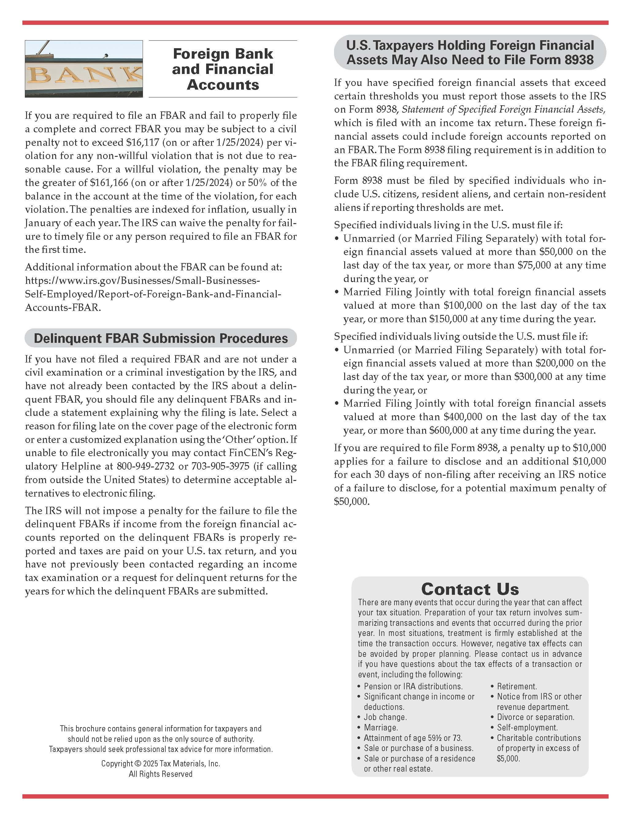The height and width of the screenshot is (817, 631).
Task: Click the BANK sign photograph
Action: [84, 69]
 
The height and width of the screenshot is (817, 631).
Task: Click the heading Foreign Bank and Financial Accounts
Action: [223, 69]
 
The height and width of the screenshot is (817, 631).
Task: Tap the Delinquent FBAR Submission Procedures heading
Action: [161, 338]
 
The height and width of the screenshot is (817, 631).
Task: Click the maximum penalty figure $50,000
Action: [351, 501]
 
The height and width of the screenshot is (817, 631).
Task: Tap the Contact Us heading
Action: [470, 589]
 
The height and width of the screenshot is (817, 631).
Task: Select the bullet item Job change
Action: [385, 717]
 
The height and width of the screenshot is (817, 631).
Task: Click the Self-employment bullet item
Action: [527, 728]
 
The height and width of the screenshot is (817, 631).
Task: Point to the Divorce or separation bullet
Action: [535, 717]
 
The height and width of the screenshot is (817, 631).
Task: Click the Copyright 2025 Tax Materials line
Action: [161, 764]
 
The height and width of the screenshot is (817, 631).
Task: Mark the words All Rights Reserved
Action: [161, 774]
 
